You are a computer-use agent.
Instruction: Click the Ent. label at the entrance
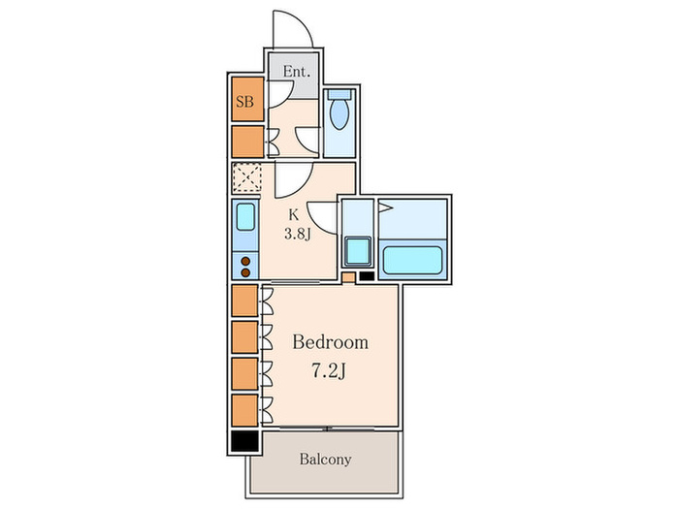coord(297,72)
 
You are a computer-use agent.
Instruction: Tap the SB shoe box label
coord(244,102)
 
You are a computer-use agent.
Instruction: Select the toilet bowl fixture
coord(339,113)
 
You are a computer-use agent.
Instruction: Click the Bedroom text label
coord(331,342)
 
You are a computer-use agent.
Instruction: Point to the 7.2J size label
coord(329,371)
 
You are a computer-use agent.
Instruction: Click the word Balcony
coord(325,459)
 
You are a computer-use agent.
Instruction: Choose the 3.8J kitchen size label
coord(298,235)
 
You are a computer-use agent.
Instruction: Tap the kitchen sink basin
coord(245,217)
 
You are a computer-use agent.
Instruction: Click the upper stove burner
coord(245,262)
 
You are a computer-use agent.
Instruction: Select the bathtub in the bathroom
coord(412,260)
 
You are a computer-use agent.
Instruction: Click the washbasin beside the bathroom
coord(358,251)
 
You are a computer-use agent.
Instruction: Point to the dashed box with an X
coord(246,177)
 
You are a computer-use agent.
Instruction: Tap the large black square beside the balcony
coord(244,441)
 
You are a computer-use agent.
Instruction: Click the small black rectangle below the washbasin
coord(367,275)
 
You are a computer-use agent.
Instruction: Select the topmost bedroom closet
coord(244,301)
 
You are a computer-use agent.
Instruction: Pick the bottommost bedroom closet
coord(244,410)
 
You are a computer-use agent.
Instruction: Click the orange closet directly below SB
coord(247,142)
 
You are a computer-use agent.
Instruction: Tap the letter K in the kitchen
coord(294,215)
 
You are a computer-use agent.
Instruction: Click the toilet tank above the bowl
coord(339,95)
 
